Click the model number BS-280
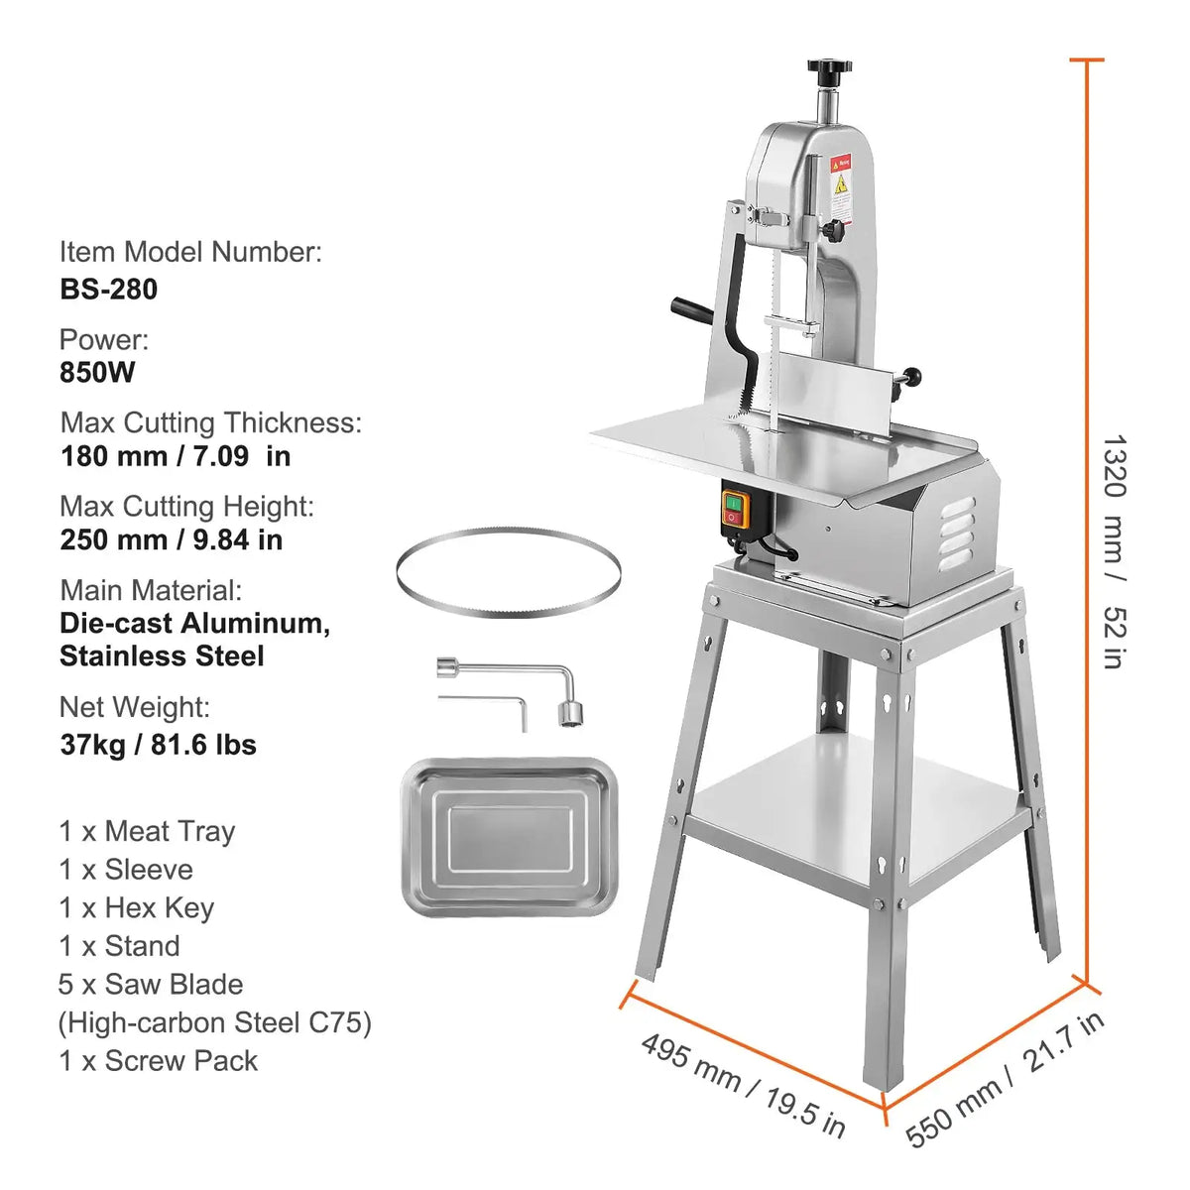tap(108, 289)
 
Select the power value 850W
tap(97, 373)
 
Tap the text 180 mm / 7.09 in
tap(176, 456)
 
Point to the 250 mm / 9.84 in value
tap(171, 539)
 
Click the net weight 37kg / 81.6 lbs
tap(158, 744)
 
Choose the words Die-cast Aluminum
tap(194, 623)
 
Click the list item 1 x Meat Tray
tap(147, 831)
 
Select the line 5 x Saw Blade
tap(151, 984)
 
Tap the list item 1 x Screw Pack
tap(158, 1060)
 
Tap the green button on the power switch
tap(733, 504)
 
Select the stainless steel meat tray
tap(510, 837)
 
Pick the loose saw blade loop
tap(508, 574)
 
